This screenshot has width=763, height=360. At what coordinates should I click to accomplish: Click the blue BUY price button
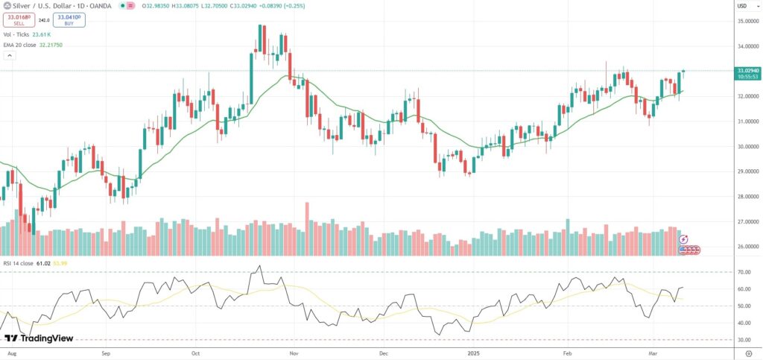[69, 20]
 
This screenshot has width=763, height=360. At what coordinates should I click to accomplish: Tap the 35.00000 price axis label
[748, 21]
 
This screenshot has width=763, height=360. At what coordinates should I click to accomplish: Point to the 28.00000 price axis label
[748, 197]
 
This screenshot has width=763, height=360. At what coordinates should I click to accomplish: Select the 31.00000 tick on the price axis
[748, 121]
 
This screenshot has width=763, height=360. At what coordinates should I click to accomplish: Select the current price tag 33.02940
[749, 70]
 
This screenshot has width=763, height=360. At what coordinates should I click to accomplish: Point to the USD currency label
[742, 6]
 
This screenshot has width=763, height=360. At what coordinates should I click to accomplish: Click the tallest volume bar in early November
[306, 229]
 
